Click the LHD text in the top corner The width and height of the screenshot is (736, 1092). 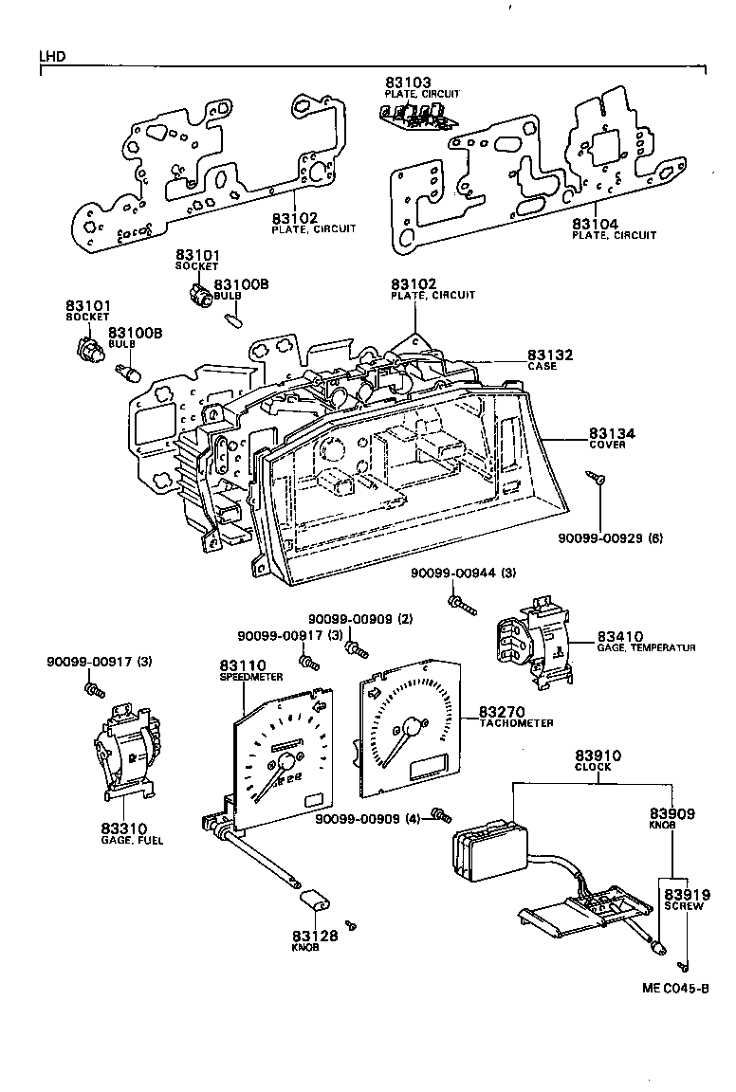pyautogui.click(x=52, y=56)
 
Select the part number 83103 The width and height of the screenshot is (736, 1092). pyautogui.click(x=408, y=83)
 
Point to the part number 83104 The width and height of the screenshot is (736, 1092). pyautogui.click(x=596, y=224)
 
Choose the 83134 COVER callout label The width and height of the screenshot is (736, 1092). pyautogui.click(x=612, y=438)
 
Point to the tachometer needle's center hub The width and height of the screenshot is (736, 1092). pyautogui.click(x=410, y=728)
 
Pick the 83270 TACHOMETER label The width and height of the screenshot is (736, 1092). pyautogui.click(x=514, y=717)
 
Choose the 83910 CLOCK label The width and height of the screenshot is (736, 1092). pyautogui.click(x=598, y=760)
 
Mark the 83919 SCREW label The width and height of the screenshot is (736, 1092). pyautogui.click(x=683, y=899)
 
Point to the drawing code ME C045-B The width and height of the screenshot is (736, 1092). pyautogui.click(x=675, y=988)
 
